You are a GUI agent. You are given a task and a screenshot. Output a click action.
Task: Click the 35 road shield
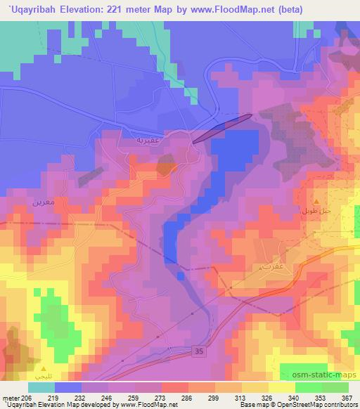[200, 350]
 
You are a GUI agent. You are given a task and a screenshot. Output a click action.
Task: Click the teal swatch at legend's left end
[41, 387]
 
